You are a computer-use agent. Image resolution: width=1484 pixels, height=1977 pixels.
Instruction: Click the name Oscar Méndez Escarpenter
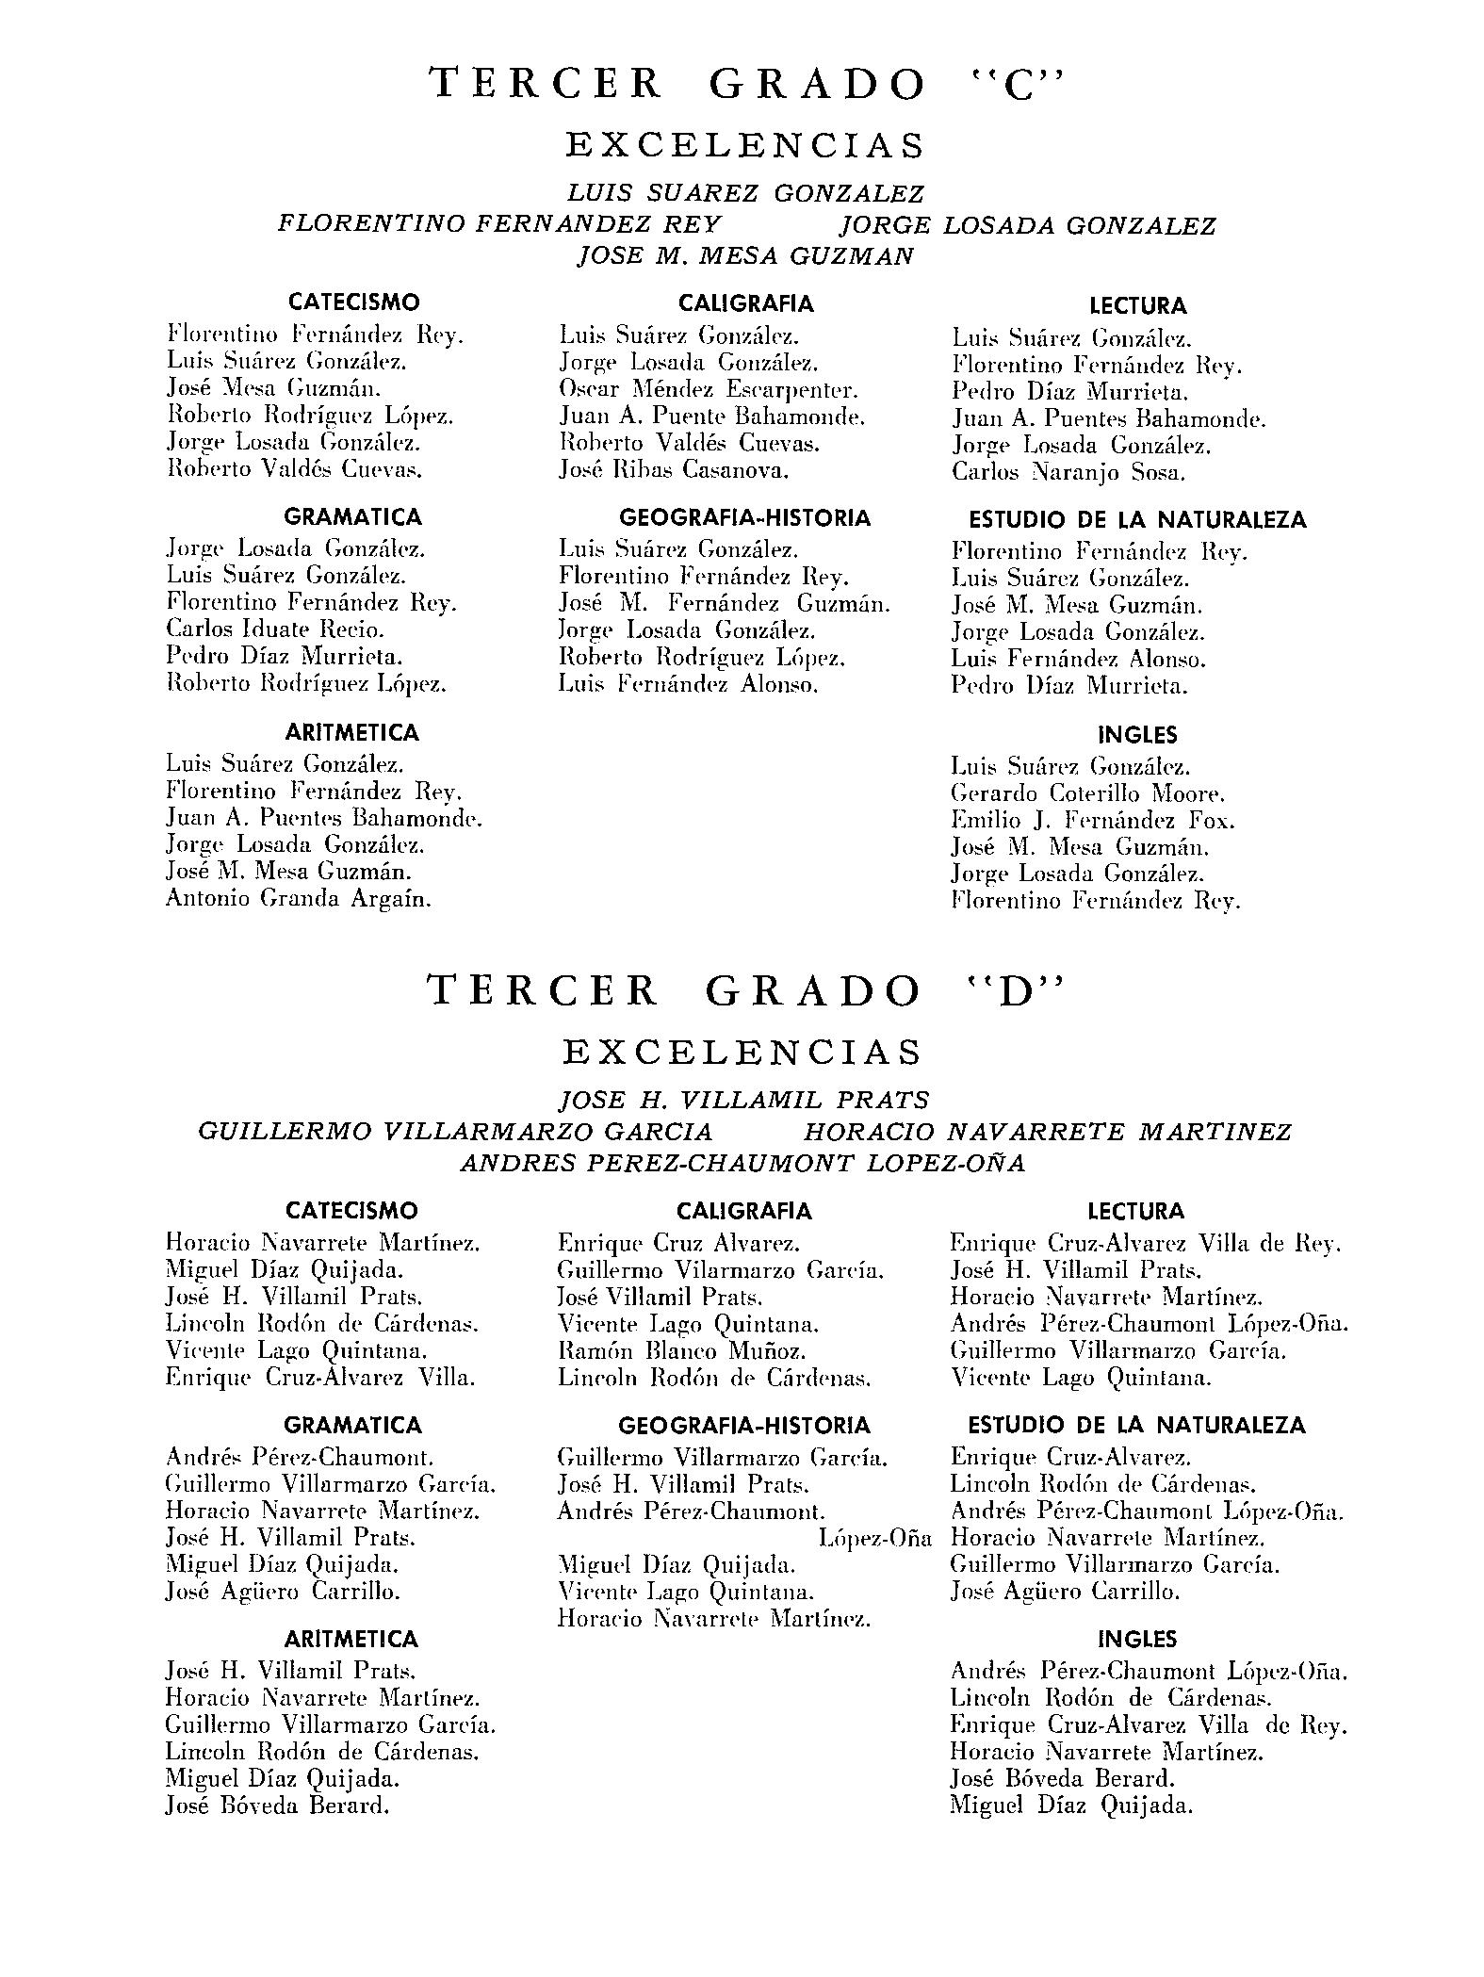pyautogui.click(x=709, y=389)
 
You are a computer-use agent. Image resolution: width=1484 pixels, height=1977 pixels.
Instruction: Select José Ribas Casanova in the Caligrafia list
pyautogui.click(x=673, y=469)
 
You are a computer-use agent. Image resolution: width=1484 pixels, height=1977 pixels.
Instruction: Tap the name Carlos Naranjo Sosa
pyautogui.click(x=1068, y=472)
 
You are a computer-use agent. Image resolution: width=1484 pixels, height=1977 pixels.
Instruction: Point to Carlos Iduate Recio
pyautogui.click(x=274, y=629)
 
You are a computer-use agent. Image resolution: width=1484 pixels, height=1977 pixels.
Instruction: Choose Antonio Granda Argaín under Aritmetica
pyautogui.click(x=299, y=898)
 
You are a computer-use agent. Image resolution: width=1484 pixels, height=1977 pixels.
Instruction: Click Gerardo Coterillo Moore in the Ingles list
pyautogui.click(x=1087, y=793)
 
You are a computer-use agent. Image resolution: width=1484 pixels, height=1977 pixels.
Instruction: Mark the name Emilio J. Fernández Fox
pyautogui.click(x=1092, y=821)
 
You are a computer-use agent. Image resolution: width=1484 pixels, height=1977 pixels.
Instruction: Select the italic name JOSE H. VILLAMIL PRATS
pyautogui.click(x=743, y=1100)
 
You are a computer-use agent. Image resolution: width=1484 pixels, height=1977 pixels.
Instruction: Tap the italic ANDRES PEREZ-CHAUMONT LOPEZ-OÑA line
pyautogui.click(x=742, y=1163)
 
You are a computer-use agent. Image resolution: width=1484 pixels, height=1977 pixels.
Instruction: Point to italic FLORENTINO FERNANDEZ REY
pyautogui.click(x=499, y=224)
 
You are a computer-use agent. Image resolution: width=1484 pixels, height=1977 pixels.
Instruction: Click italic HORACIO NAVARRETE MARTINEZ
pyautogui.click(x=1047, y=1131)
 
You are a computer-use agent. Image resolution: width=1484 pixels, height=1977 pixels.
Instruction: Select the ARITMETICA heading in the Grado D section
pyautogui.click(x=351, y=1639)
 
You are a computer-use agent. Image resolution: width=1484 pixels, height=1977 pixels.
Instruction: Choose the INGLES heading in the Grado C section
pyautogui.click(x=1137, y=734)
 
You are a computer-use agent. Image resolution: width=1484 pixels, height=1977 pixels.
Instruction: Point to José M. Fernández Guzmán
pyautogui.click(x=724, y=603)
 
